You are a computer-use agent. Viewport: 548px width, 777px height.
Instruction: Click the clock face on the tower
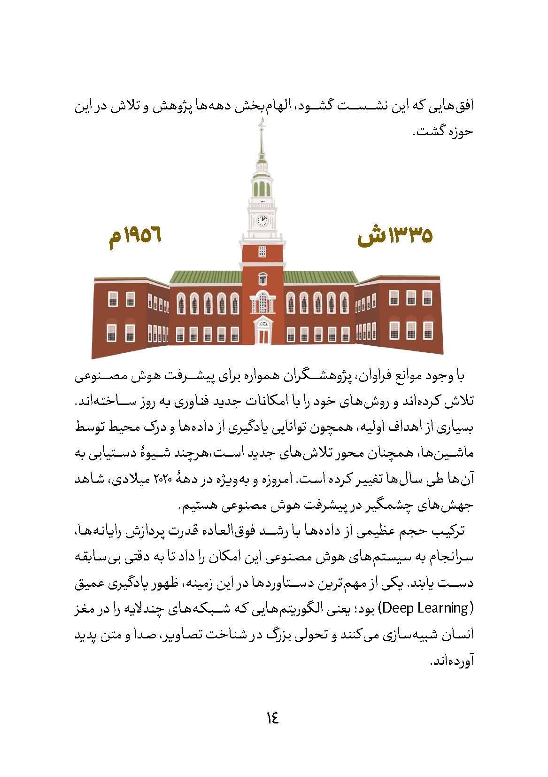coord(262,220)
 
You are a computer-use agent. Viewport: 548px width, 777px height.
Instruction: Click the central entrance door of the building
coord(262,334)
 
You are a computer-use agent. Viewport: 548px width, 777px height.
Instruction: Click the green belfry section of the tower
coord(262,188)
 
